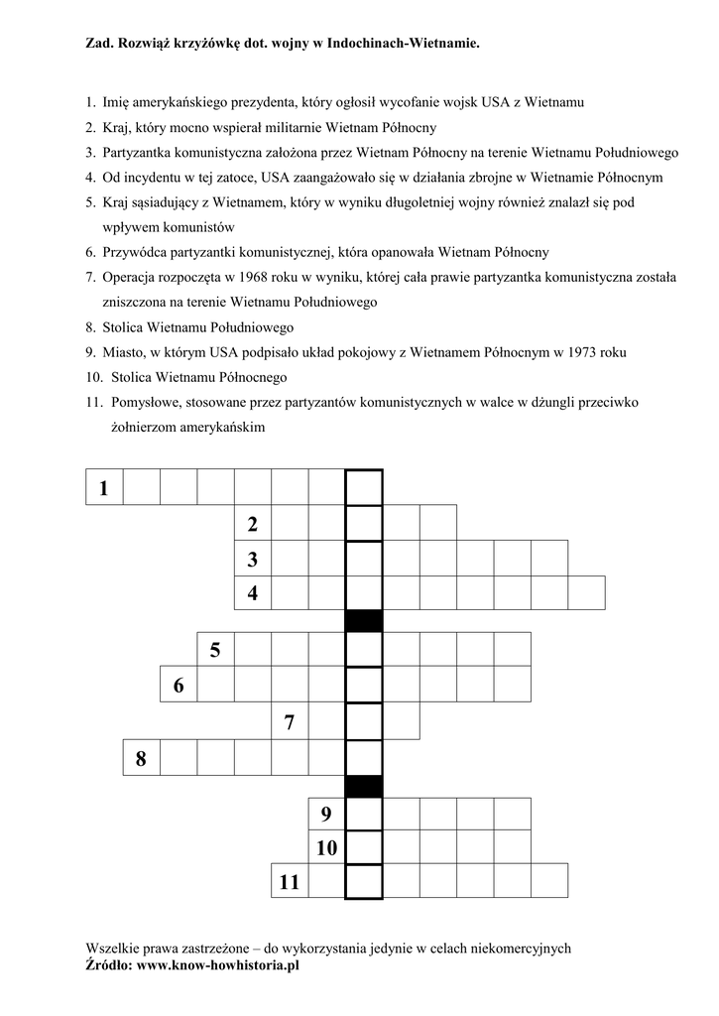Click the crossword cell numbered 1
click(x=104, y=487)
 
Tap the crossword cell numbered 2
click(x=253, y=523)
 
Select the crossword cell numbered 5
click(x=215, y=650)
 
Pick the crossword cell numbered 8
click(x=141, y=759)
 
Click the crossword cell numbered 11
click(x=290, y=881)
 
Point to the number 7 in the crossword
click(x=290, y=722)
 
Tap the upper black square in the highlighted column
click(x=363, y=620)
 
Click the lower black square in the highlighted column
click(x=363, y=786)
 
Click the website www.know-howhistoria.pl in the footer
click(x=218, y=963)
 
